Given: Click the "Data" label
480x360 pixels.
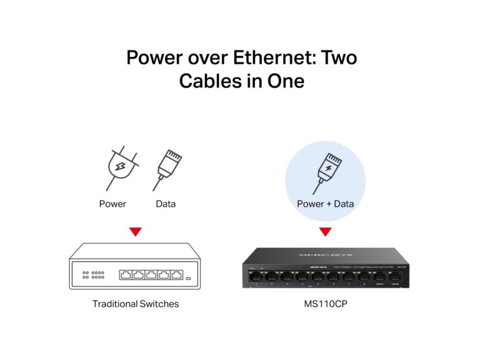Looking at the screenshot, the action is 165,204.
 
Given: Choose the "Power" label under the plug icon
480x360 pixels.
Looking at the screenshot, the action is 112,204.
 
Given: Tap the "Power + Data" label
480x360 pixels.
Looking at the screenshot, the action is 325,204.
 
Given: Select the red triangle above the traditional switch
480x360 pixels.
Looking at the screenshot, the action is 135,232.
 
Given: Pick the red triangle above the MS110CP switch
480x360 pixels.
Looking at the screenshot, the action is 325,232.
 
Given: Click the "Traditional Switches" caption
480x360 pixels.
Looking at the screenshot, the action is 135,304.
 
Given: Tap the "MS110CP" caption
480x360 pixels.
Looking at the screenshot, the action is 325,304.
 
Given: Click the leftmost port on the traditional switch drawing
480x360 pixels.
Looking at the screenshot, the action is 126,275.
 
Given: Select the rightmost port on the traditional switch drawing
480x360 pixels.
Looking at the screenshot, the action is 176,275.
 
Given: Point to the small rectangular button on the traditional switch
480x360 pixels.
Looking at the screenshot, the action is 188,279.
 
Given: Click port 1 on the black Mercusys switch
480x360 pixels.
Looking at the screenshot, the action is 256,277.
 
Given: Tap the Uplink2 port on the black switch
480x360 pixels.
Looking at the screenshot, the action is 395,277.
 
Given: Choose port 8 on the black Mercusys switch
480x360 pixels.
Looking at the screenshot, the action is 364,277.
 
